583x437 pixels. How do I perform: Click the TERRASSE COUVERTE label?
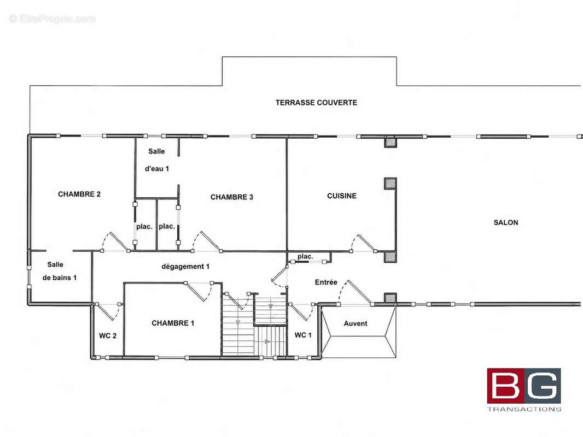[x=316, y=103]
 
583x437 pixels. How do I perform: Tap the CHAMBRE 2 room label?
[x=79, y=194]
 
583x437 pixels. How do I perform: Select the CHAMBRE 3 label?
[x=232, y=197]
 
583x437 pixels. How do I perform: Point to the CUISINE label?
[x=342, y=196]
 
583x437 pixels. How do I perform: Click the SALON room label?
[x=506, y=222]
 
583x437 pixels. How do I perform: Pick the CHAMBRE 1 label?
[x=173, y=323]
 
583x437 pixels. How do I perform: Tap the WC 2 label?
[x=107, y=335]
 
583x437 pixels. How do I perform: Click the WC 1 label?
[x=303, y=335]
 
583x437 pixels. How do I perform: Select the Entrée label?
[x=326, y=282]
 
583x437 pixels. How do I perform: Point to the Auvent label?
[x=355, y=323]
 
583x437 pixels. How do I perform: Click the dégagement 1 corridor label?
[x=185, y=267]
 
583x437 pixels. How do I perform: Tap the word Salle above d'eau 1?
[x=156, y=151]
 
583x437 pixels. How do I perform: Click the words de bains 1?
[x=60, y=277]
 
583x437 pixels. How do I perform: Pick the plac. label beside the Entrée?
[x=305, y=256]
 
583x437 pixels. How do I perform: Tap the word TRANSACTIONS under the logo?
[x=524, y=409]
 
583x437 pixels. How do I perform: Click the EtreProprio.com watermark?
[x=53, y=19]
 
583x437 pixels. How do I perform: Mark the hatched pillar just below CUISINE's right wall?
[x=390, y=257]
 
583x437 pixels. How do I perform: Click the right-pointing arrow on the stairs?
[x=266, y=341]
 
